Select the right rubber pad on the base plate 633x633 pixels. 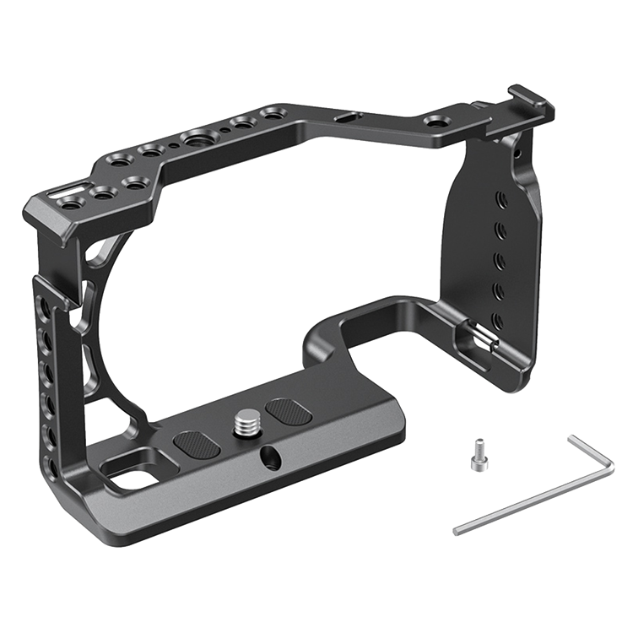(289, 412)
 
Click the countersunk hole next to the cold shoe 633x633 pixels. (437, 122)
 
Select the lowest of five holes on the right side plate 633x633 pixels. (497, 320)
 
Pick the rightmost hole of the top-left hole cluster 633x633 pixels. (273, 112)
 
